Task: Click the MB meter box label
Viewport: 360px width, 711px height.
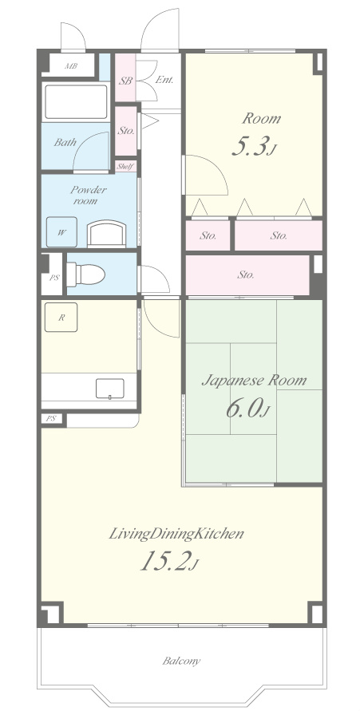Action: coord(71,66)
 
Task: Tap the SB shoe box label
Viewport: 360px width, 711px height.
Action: coord(125,81)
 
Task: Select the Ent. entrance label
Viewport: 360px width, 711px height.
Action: coord(164,81)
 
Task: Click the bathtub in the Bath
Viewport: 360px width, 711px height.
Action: coord(75,101)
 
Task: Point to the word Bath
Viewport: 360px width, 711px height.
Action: coord(65,142)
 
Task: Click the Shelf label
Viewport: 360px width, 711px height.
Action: coord(125,167)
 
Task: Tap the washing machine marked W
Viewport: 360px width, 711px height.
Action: coord(61,232)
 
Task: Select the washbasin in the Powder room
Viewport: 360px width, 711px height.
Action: coord(106,234)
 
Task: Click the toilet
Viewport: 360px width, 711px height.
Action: coord(86,275)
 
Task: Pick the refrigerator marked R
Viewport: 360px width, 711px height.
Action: coord(61,318)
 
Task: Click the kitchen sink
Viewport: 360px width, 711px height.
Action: coord(109,389)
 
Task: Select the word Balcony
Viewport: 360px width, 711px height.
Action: coord(181,661)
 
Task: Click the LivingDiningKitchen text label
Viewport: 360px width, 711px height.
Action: coord(176,534)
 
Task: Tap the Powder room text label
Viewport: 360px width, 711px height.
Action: coord(89,195)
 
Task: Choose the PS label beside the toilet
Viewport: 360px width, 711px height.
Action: coord(54,278)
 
